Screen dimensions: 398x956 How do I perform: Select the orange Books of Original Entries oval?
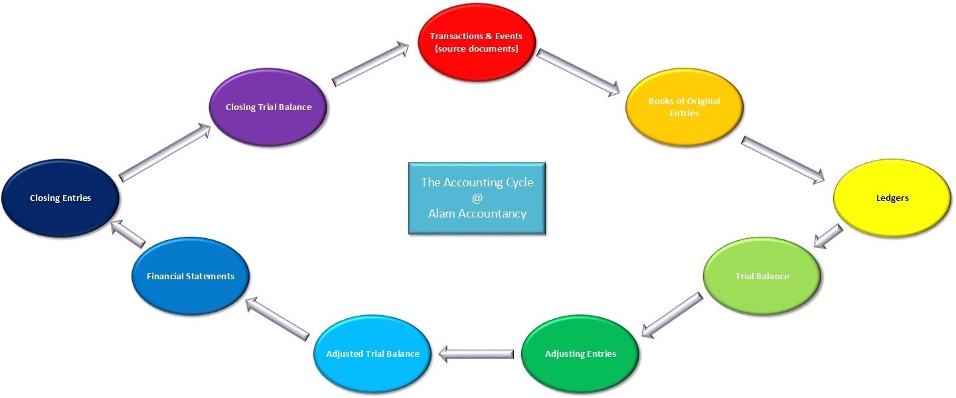(x=684, y=107)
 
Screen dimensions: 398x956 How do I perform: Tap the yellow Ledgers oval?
(x=892, y=198)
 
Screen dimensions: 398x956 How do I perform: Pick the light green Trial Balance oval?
(x=761, y=276)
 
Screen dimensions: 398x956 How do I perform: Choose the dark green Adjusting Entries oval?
(x=580, y=354)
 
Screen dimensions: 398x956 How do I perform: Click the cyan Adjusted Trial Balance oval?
(x=372, y=354)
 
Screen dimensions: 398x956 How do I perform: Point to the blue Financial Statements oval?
(x=191, y=276)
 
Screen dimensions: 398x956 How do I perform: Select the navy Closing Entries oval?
(x=60, y=198)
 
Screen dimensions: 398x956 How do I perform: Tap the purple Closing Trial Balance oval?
(x=268, y=107)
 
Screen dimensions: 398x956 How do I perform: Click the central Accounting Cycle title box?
(x=477, y=198)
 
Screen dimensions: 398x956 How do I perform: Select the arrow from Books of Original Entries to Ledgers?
(x=782, y=159)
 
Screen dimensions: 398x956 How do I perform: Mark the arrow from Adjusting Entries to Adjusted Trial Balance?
(x=477, y=355)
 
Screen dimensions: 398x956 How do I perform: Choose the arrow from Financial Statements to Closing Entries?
(x=128, y=234)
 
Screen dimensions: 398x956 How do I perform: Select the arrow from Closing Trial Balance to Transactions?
(x=370, y=64)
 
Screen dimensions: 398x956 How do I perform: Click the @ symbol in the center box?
(x=477, y=198)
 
